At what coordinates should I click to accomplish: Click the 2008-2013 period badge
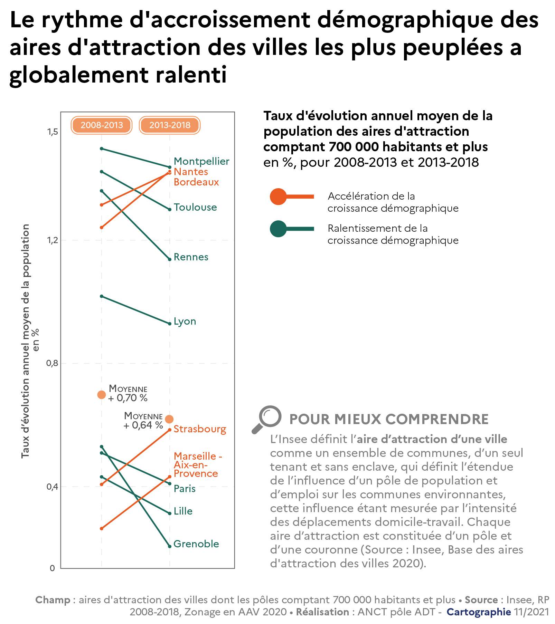coord(102,125)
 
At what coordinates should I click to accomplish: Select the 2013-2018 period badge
coord(170,125)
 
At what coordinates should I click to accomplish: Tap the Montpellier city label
coord(201,161)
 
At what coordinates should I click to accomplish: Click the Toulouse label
coord(195,207)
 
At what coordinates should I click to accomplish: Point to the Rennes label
coord(191,257)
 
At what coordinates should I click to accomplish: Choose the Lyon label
coord(185,321)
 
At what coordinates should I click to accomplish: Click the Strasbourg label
coord(200,429)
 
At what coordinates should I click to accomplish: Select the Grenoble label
coord(196,544)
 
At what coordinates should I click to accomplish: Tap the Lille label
coord(183,511)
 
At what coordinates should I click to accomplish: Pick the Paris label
coord(185,489)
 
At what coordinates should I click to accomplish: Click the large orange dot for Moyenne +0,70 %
coord(101,395)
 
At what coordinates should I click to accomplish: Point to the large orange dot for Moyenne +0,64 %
coord(169,419)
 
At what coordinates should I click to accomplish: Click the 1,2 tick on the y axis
coord(53,240)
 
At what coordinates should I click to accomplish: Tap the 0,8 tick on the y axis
coord(53,363)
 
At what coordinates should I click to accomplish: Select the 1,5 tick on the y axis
coord(53,132)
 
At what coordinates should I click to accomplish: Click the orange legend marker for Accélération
coord(278,197)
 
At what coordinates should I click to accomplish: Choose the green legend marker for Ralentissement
coord(278,229)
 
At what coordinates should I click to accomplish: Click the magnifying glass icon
coord(267,419)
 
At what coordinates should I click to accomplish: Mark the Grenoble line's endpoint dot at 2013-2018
coord(169,546)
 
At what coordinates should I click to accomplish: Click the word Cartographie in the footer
coord(479,612)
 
